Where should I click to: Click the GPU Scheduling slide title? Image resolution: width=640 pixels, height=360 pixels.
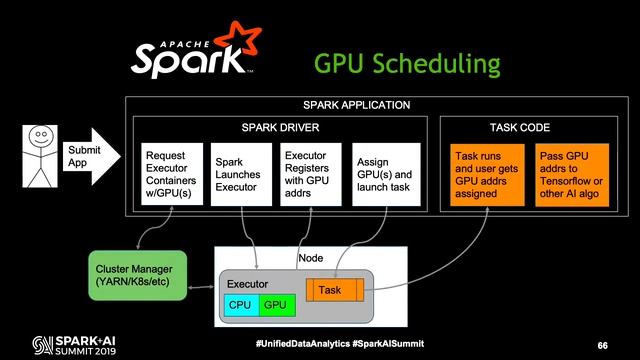[407, 64]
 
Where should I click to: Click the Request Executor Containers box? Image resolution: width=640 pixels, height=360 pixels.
[173, 175]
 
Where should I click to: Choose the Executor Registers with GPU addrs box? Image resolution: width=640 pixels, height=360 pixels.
[308, 175]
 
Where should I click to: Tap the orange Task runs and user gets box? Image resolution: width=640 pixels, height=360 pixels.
[485, 175]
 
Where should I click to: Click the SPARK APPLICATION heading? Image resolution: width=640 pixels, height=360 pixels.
[356, 105]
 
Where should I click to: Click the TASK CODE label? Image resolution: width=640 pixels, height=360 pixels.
[519, 127]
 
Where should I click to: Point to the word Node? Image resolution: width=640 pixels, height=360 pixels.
[311, 259]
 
